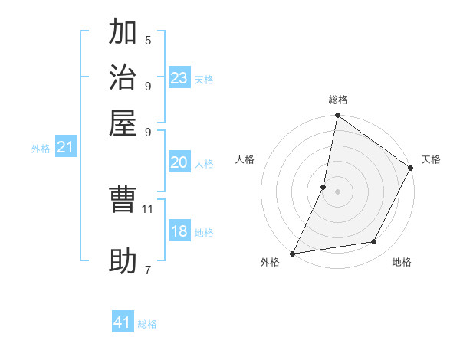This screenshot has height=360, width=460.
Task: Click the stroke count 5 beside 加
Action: pos(148,41)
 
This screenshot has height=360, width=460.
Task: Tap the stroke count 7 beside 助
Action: pos(148,270)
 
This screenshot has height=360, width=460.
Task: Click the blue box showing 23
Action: pos(179,78)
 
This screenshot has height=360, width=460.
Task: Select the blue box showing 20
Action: pos(179,162)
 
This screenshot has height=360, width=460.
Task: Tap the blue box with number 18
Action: pos(179,231)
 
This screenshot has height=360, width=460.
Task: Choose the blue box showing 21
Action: pos(64,148)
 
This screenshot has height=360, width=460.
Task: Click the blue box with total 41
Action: pos(123,322)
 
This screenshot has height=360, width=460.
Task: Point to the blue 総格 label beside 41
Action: pos(147,324)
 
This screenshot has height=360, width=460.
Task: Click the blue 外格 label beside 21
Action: pos(40,149)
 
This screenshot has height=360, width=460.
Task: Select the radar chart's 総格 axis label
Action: pos(338,100)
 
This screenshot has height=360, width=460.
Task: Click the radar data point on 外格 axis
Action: pos(293,253)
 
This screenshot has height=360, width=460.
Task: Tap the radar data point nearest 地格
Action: pos(374,242)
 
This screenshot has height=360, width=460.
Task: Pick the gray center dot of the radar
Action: pos(337,191)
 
